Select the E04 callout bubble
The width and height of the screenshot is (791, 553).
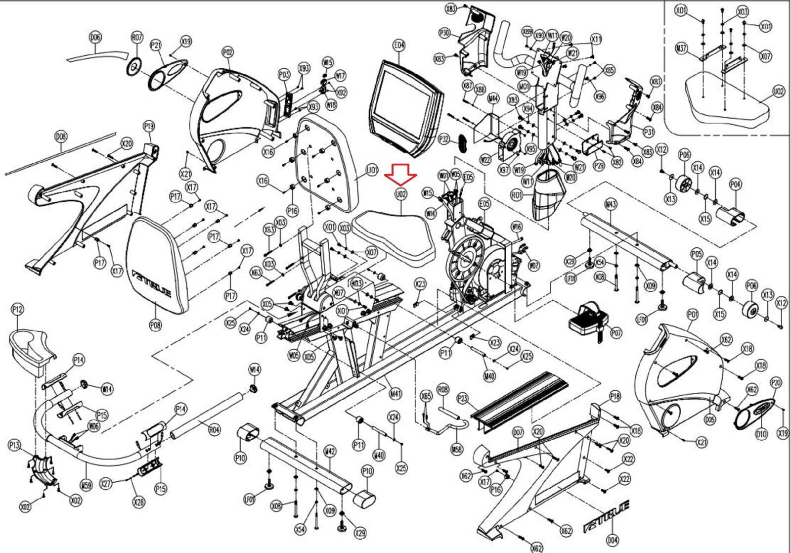[x=399, y=46]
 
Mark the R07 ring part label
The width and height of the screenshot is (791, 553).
[x=136, y=37]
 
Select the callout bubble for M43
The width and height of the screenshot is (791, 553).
[x=610, y=205]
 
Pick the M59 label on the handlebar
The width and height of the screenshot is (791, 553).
[x=86, y=486]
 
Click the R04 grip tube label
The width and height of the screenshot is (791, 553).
[x=214, y=430]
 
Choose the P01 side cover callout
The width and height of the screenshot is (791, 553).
[x=693, y=314]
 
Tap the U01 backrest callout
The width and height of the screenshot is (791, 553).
[x=372, y=171]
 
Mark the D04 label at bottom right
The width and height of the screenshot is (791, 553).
[x=613, y=540]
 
